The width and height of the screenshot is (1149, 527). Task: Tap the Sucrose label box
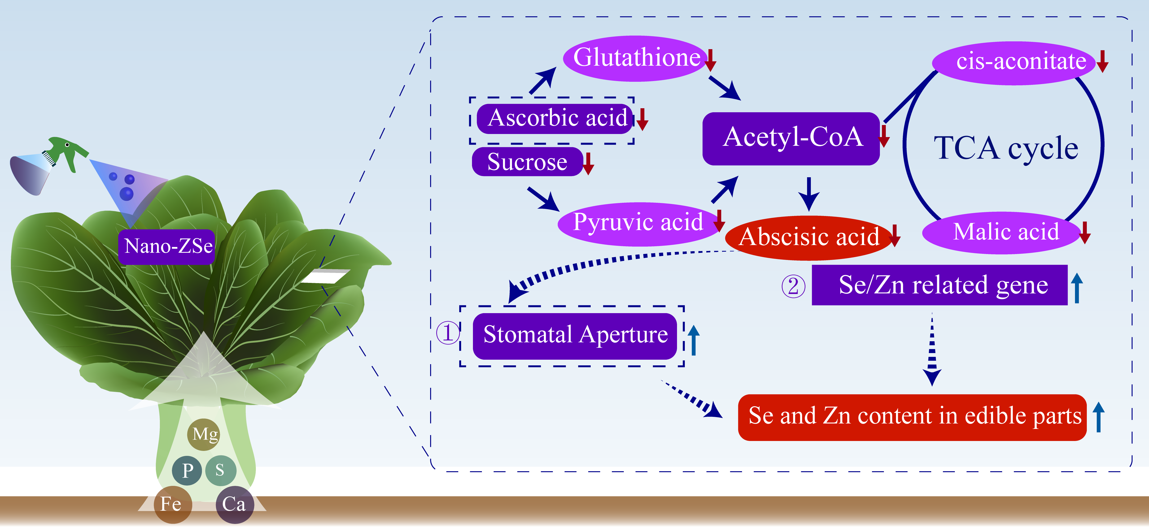click(x=527, y=162)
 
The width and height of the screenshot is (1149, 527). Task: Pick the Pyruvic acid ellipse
click(x=638, y=223)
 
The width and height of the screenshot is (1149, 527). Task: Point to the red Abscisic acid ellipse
click(x=808, y=237)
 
